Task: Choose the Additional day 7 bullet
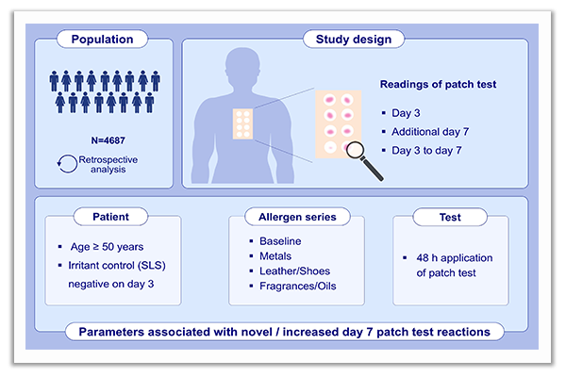[440, 128]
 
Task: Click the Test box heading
[450, 216]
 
